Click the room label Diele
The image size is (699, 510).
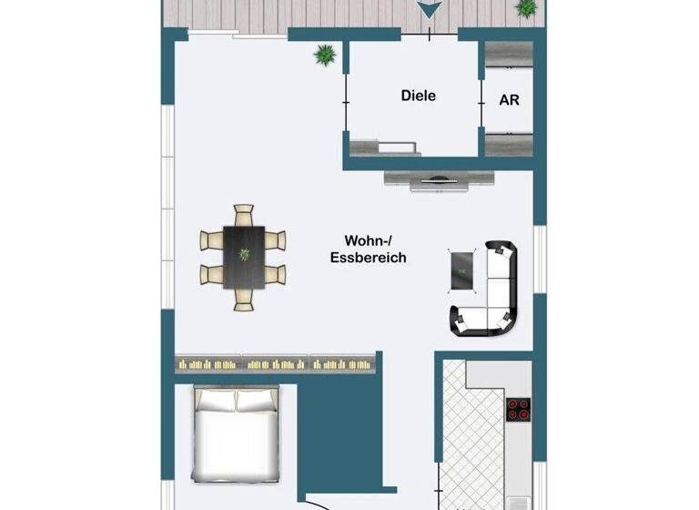pyautogui.click(x=419, y=95)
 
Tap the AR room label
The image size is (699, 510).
pyautogui.click(x=510, y=100)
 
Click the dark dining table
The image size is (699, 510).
pyautogui.click(x=243, y=257)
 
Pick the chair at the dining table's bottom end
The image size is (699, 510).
pyautogui.click(x=243, y=300)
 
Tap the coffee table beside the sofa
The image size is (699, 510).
pyautogui.click(x=462, y=270)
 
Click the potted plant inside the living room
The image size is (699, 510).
pyautogui.click(x=324, y=56)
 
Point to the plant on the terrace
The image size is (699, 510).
pyautogui.click(x=526, y=8)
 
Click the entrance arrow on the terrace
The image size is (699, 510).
pyautogui.click(x=429, y=10)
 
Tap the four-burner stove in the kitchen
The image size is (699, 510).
pyautogui.click(x=519, y=410)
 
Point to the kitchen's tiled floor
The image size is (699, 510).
pyautogui.click(x=471, y=437)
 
